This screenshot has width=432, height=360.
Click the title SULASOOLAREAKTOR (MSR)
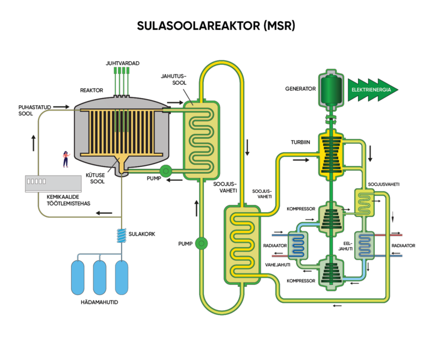tap(216, 26)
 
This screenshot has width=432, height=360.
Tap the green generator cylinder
tap(329, 90)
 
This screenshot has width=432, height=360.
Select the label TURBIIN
tap(301, 143)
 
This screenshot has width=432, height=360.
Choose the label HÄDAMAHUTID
tap(99, 302)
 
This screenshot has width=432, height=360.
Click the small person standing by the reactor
tap(66, 159)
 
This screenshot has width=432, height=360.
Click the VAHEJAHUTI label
tap(278, 264)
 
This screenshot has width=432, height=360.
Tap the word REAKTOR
tap(91, 90)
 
